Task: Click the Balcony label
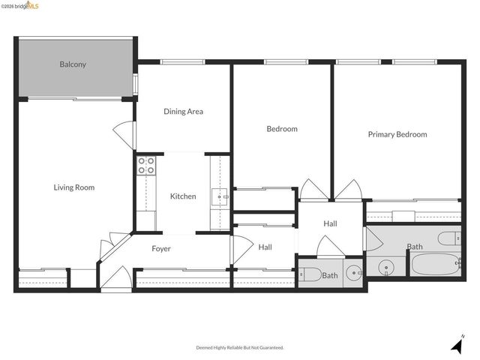point(73,64)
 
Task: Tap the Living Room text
point(73,187)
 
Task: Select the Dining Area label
point(183,112)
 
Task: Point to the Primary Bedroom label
point(397,135)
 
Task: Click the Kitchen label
point(183,196)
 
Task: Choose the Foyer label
point(161,249)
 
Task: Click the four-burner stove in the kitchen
point(145,165)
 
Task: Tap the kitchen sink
point(218,197)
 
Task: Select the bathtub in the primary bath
point(434,265)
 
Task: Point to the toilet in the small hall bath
point(310,273)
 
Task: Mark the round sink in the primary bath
point(387,265)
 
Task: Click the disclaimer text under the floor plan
point(239,348)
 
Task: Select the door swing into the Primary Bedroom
point(349,190)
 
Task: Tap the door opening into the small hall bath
point(331,247)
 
